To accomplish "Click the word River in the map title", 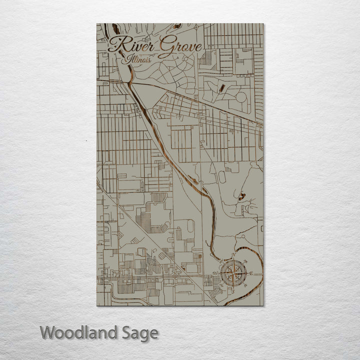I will pyautogui.click(x=131, y=45).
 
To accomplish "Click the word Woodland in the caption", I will pyautogui.click(x=79, y=332).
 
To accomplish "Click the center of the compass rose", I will pyautogui.click(x=233, y=273).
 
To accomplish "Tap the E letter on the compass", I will pyautogui.click(x=251, y=273).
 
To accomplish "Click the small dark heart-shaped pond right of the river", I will pyautogui.click(x=242, y=196).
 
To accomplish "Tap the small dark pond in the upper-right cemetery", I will pyautogui.click(x=221, y=89).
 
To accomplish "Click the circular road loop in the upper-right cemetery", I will pyautogui.click(x=241, y=96).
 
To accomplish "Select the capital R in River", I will pyautogui.click(x=116, y=44).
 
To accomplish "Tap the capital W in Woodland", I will pyautogui.click(x=48, y=332).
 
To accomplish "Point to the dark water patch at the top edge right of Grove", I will pyautogui.click(x=177, y=26).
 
